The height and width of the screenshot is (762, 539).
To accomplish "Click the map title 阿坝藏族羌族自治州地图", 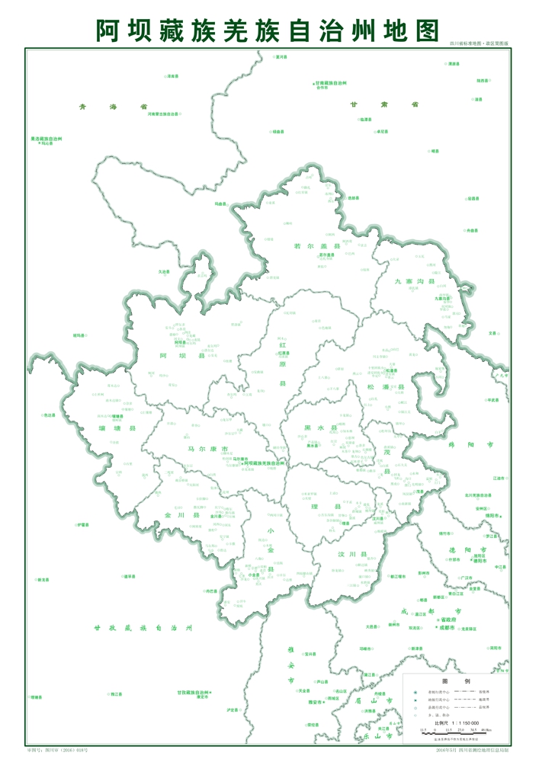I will [x=268, y=29].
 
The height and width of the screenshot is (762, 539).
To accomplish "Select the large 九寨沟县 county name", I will [x=414, y=282].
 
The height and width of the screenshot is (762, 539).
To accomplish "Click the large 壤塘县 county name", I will [x=122, y=429].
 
